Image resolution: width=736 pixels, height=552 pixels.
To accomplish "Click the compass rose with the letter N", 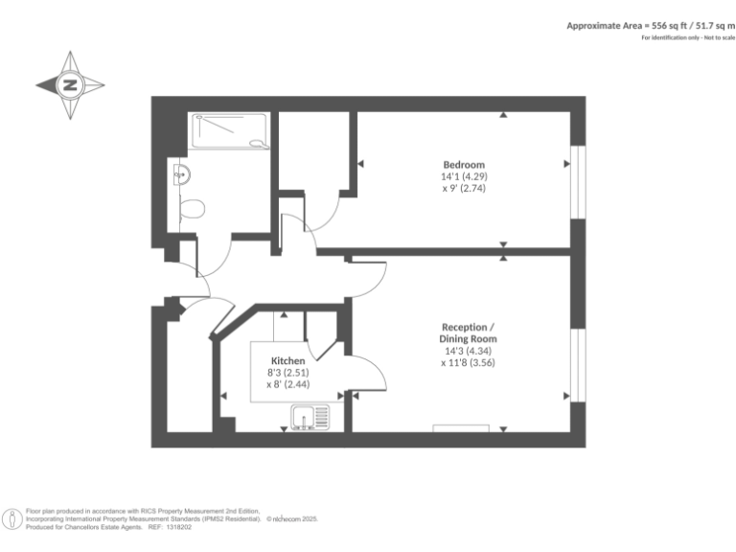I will tap(70, 85).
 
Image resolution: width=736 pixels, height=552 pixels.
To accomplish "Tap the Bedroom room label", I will tap(463, 164).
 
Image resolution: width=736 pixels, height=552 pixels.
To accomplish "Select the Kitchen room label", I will tap(287, 360).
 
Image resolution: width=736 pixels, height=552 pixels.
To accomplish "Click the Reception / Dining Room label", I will tap(468, 333).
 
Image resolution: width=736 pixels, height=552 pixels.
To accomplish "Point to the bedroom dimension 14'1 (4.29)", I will tap(463, 176).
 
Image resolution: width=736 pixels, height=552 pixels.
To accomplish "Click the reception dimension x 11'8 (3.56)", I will tap(468, 362).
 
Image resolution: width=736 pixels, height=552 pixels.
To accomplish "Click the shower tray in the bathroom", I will tap(230, 129).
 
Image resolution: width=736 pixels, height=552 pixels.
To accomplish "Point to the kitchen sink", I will tap(309, 416).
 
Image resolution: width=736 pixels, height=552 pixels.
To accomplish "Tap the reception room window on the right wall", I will tap(577, 364).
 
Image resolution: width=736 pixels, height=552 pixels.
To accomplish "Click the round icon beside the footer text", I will tap(11, 518).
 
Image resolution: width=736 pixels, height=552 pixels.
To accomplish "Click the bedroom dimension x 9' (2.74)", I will tap(463, 189).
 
